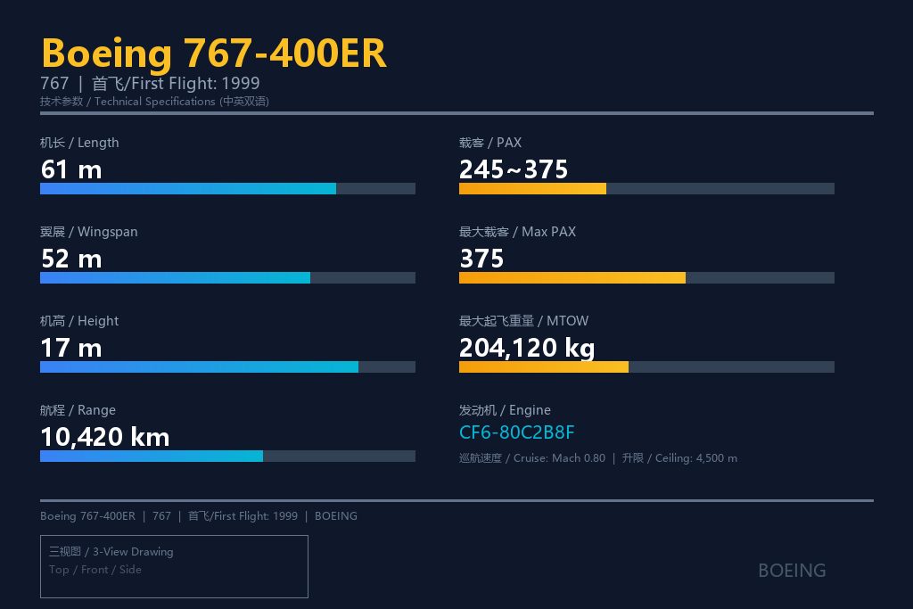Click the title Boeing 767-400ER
[214, 53]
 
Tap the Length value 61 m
[71, 170]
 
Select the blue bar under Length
[188, 189]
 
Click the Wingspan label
[89, 232]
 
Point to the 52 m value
[71, 259]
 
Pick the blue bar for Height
[199, 366]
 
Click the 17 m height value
[71, 348]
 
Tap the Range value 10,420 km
[105, 437]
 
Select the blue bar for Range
[152, 456]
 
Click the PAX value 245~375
[513, 170]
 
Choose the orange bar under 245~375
[533, 189]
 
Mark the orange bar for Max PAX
[572, 277]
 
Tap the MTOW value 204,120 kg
[527, 348]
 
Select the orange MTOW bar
[544, 366]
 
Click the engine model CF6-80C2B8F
[516, 432]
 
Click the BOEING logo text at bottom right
[792, 571]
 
